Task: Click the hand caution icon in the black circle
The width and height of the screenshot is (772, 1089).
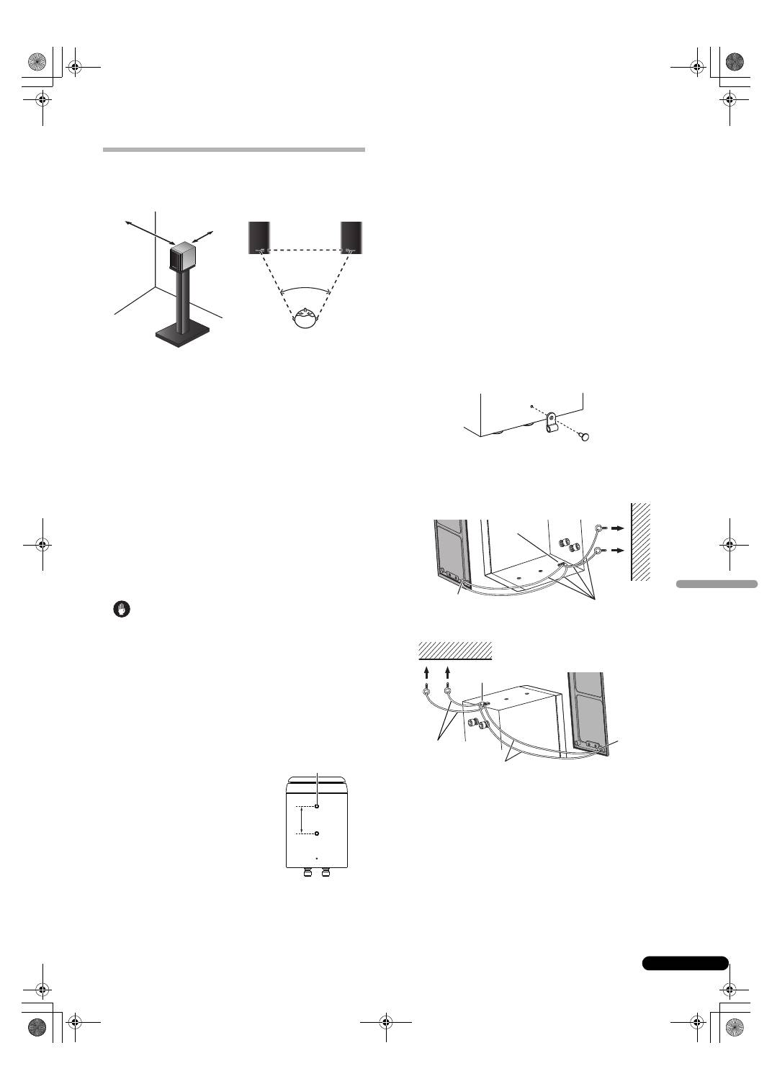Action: pos(122,610)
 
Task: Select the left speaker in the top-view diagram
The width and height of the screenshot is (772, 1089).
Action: pos(259,237)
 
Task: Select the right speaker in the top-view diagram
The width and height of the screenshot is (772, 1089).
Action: pos(351,237)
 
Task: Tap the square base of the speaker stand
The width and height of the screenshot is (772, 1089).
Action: pos(183,335)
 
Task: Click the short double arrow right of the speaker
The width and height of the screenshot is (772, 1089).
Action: pos(204,236)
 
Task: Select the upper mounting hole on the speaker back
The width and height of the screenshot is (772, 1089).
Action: pos(317,806)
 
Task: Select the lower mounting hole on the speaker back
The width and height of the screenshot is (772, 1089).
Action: pos(317,834)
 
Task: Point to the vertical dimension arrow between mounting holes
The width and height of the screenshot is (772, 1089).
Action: pos(301,821)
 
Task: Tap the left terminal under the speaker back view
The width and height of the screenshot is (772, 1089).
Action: pos(309,872)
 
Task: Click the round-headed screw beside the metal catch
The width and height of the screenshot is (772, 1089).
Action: pos(585,436)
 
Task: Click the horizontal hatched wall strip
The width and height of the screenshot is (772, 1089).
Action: pos(455,650)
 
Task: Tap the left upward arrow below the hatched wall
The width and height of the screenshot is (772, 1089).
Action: pos(426,673)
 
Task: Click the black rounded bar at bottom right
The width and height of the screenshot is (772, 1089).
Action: pos(685,963)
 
